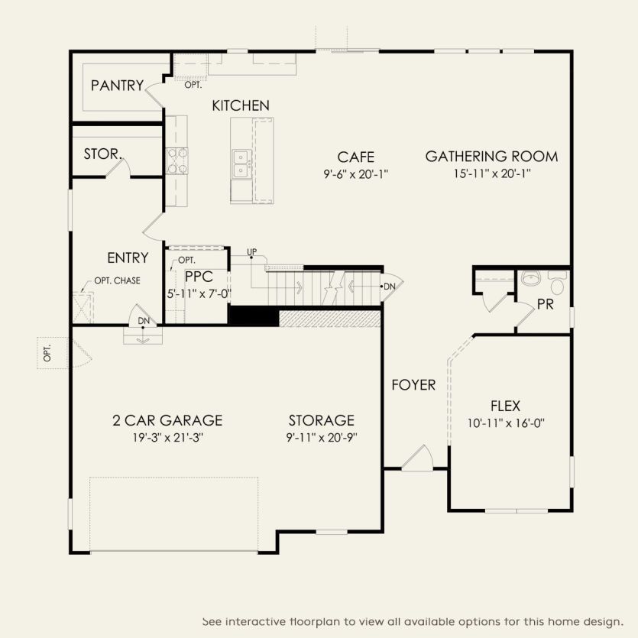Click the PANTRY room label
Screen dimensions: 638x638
tap(117, 86)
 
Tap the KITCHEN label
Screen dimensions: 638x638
tap(241, 105)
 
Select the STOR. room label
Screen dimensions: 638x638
tap(102, 154)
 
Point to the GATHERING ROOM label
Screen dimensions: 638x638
tap(491, 157)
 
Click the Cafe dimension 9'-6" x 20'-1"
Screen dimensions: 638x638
tap(356, 173)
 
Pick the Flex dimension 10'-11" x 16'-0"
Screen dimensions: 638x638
tap(505, 423)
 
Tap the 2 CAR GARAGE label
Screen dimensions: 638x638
tap(167, 420)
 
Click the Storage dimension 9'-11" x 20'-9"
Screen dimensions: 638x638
tap(322, 437)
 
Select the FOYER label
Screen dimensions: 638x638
tap(413, 384)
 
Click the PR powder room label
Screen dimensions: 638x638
tap(546, 304)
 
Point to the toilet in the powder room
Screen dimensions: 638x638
tap(557, 285)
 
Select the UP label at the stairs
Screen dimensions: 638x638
tap(251, 252)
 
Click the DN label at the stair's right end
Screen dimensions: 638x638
tap(390, 286)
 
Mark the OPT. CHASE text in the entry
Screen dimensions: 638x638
tap(117, 280)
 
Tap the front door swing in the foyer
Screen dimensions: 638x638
tap(419, 457)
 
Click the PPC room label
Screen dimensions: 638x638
tap(198, 277)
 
